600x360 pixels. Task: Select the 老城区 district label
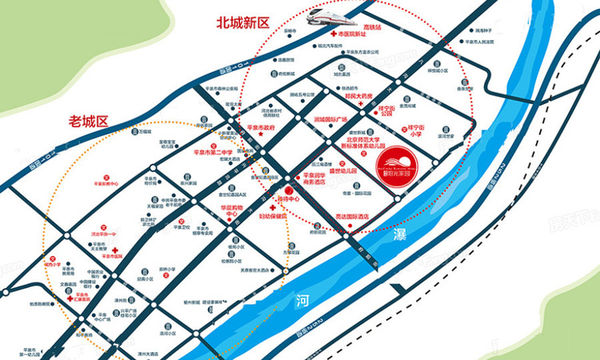click(x=89, y=122)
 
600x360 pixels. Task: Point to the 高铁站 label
click(x=374, y=26)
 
